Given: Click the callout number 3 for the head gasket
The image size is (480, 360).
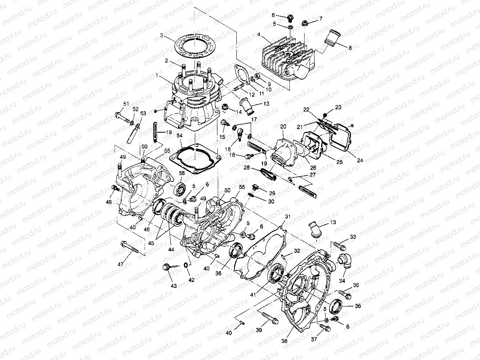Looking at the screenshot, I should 162,35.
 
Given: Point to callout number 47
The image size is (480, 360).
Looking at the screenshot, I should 122,264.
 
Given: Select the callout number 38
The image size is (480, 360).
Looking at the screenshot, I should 284,340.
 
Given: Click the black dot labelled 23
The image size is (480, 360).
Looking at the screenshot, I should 325,115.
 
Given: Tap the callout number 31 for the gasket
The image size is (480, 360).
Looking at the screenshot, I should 288,216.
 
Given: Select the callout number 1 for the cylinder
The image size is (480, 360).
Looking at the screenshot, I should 157,75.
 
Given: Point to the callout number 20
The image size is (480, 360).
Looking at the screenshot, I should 283,126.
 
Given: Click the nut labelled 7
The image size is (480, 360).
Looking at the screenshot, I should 306,22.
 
